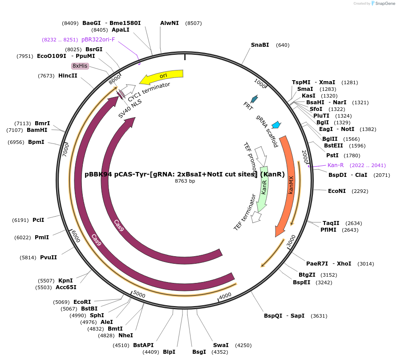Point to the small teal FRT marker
[x=255, y=99]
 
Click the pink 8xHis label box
[x=80, y=66]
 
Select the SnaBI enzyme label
[x=260, y=45]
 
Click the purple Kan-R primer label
[x=336, y=165]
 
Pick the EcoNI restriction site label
[x=336, y=191]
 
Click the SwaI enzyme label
[x=221, y=345]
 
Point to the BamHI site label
[x=37, y=130]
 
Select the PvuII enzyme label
[x=49, y=258]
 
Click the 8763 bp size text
[x=185, y=181]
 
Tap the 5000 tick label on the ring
[x=139, y=295]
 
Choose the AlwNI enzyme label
[x=170, y=23]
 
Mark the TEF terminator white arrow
[x=256, y=217]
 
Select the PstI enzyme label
[x=332, y=155]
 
